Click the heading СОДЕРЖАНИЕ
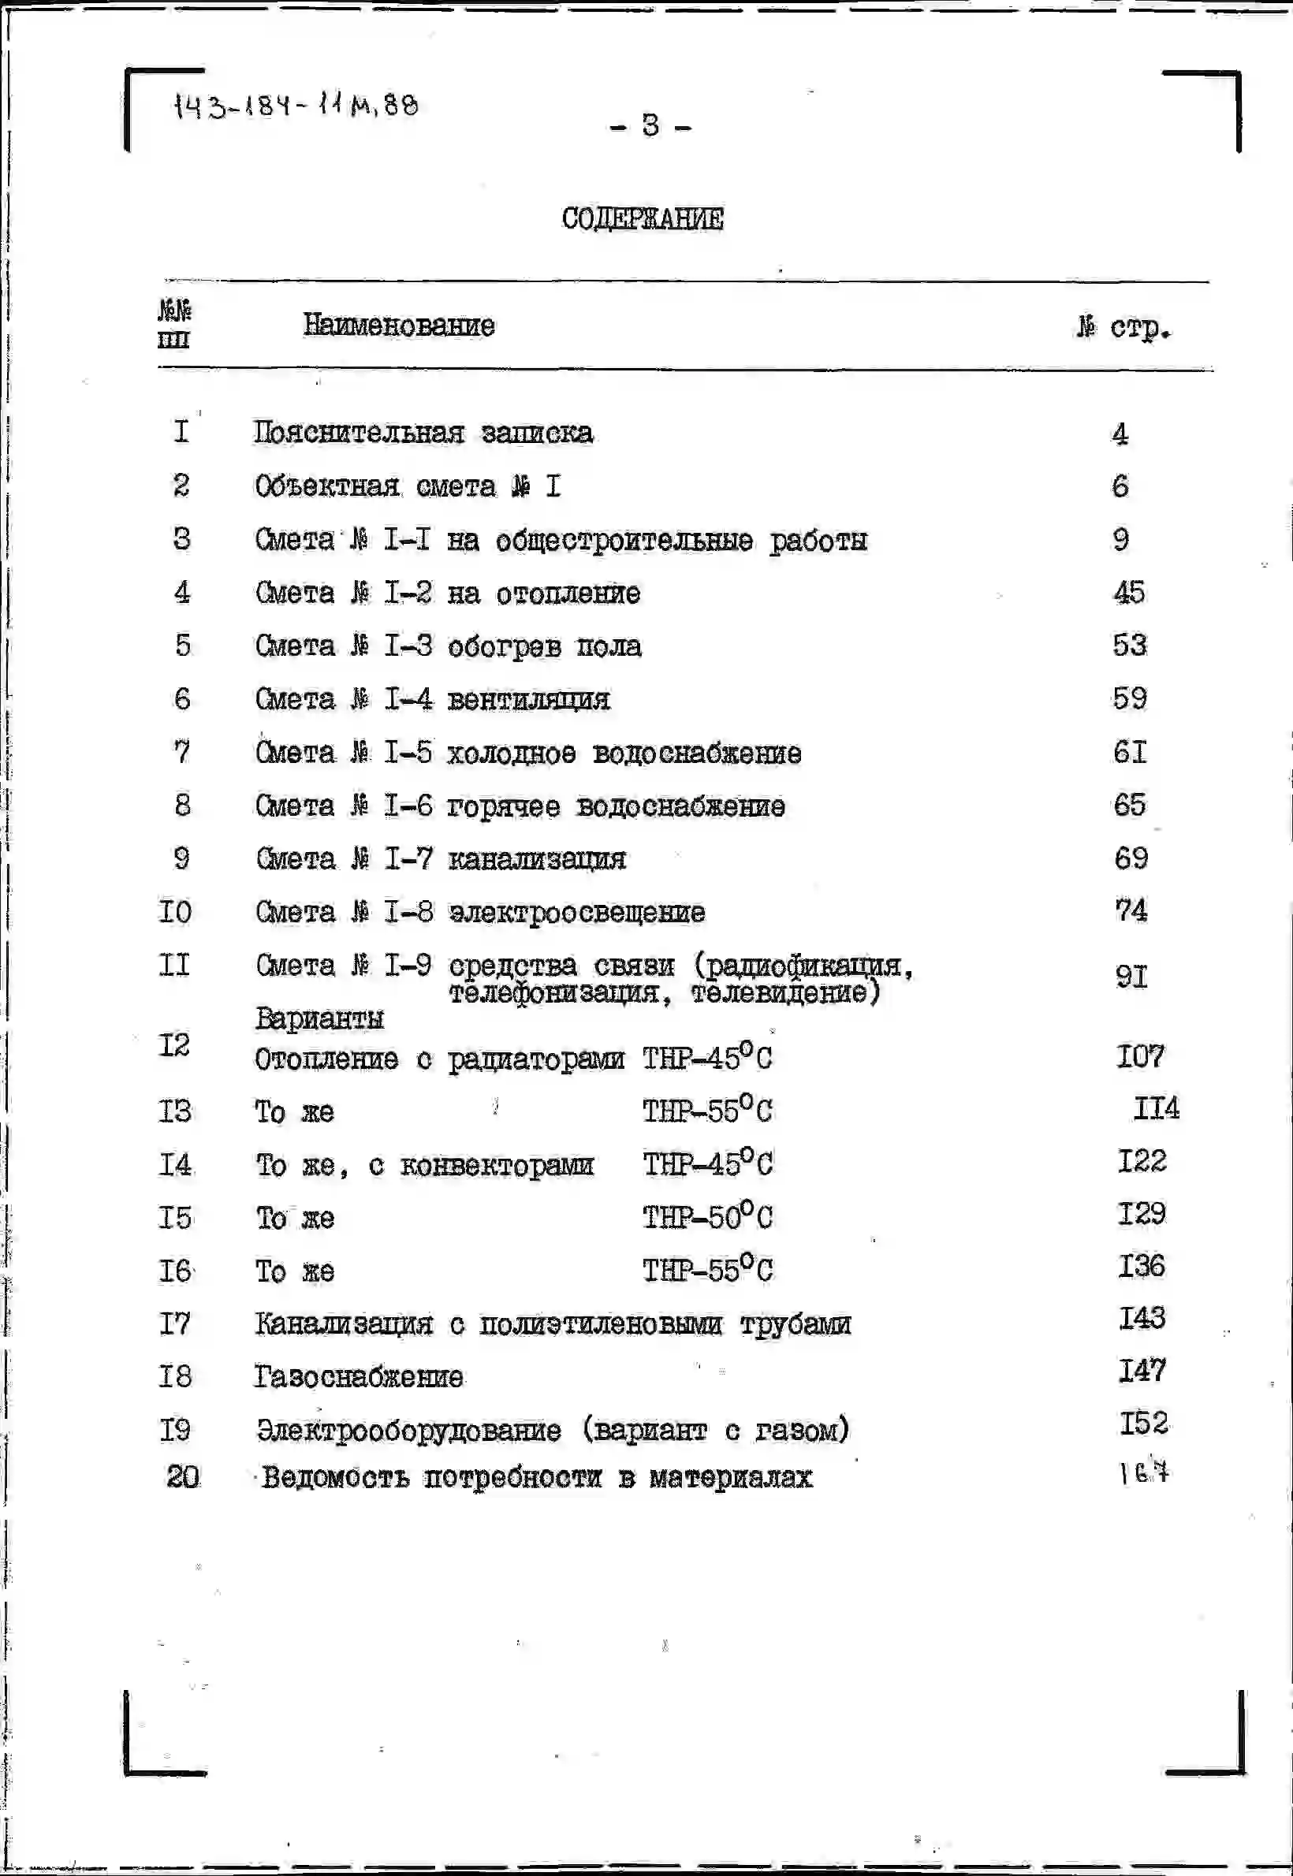642,218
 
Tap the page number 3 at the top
650,125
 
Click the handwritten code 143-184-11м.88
296,106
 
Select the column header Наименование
399,325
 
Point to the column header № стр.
1124,327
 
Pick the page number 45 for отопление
1128,592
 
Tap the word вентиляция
528,699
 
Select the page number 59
1129,698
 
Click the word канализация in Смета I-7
536,858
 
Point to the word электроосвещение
577,912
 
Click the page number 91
1131,976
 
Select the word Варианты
319,1018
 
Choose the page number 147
1142,1371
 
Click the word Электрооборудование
408,1430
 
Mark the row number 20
183,1476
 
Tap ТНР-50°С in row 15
707,1217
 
